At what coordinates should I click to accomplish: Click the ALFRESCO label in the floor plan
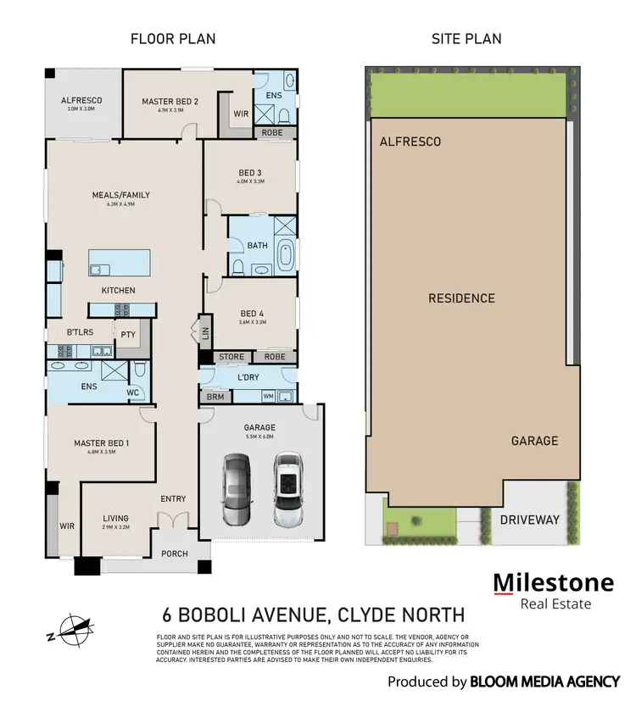[x=81, y=100]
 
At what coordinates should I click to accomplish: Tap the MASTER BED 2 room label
[x=170, y=102]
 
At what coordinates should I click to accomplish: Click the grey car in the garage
[x=236, y=489]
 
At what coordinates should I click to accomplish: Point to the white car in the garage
[x=288, y=489]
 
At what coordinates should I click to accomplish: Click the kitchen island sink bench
[x=120, y=263]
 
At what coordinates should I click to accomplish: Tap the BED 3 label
[x=251, y=173]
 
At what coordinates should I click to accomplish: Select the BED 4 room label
[x=253, y=313]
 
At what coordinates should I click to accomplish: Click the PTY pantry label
[x=129, y=335]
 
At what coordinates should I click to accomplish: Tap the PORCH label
[x=176, y=554]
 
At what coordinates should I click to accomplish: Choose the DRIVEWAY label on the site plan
[x=529, y=519]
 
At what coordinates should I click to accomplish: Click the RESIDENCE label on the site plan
[x=460, y=298]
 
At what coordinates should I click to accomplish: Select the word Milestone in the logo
[x=554, y=582]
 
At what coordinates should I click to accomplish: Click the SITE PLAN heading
[x=466, y=38]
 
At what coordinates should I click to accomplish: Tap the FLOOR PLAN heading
[x=173, y=38]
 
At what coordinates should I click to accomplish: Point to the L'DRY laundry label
[x=248, y=377]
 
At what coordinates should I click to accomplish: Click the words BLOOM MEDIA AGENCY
[x=543, y=682]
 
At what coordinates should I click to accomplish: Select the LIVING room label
[x=115, y=518]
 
